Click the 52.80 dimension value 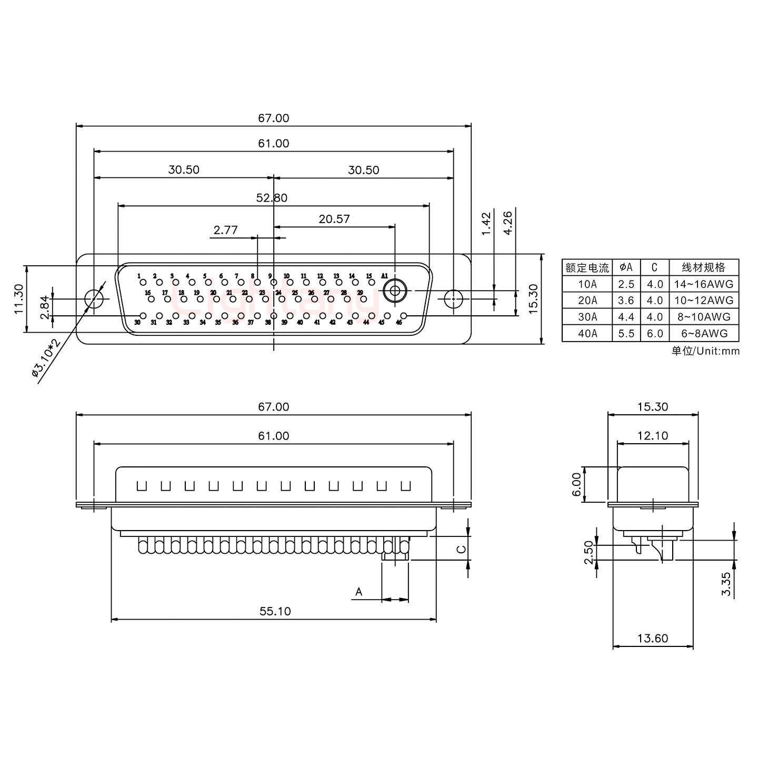[272, 198]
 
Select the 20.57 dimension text [334, 219]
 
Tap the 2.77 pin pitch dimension [225, 230]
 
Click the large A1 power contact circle [394, 290]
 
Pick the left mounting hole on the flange [94, 299]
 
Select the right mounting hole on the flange [453, 299]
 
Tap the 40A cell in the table [587, 333]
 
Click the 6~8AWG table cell [703, 333]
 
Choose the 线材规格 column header [703, 267]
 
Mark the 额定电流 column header [587, 267]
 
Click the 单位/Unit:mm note [705, 351]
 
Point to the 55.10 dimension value [275, 611]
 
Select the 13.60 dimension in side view [653, 639]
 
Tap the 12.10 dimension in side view [653, 435]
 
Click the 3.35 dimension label [726, 584]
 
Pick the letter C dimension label [461, 549]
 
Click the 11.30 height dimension [19, 299]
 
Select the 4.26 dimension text [508, 223]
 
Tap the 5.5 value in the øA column [626, 333]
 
